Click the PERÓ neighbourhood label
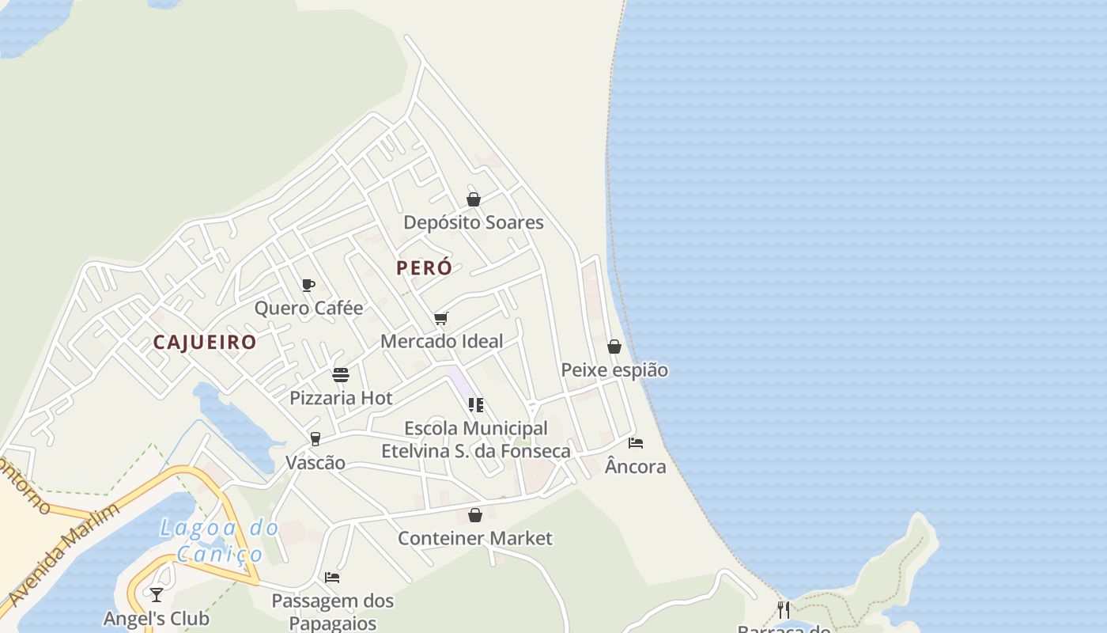coord(424,267)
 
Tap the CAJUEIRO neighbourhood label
coord(205,342)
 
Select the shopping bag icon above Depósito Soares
coord(474,199)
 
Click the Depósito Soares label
coord(474,222)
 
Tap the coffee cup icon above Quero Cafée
coord(308,285)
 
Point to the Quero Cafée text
coord(308,308)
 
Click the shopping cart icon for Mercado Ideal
coord(440,318)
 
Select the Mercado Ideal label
coord(441,341)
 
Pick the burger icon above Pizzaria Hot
coord(341,374)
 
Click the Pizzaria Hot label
coord(341,397)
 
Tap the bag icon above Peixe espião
coord(614,347)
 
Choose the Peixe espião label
coord(614,370)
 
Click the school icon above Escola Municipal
coord(475,405)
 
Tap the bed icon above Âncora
coord(636,443)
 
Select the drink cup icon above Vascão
coord(315,439)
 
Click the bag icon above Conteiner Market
coord(475,515)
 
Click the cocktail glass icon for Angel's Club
coord(157,594)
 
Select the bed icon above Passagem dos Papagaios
coord(332,578)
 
